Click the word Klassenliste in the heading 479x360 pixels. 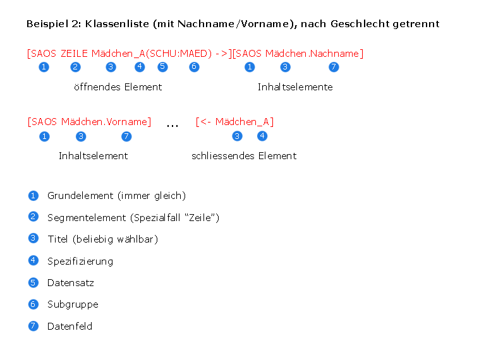pyautogui.click(x=117, y=24)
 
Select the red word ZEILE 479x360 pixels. pyautogui.click(x=74, y=54)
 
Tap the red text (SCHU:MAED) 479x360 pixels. pyautogui.click(x=178, y=54)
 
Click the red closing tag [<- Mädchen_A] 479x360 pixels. pyautogui.click(x=234, y=122)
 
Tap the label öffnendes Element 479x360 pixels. pyautogui.click(x=118, y=87)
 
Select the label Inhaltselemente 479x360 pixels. pyautogui.click(x=295, y=87)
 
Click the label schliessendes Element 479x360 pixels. pyautogui.click(x=244, y=156)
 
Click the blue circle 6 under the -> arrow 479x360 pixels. pyautogui.click(x=194, y=66)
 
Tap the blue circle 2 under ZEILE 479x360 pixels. pyautogui.click(x=75, y=67)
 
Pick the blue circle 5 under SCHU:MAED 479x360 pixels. pyautogui.click(x=162, y=66)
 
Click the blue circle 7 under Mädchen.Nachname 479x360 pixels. pyautogui.click(x=334, y=67)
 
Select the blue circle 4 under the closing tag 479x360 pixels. pyautogui.click(x=262, y=136)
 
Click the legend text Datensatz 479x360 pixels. pyautogui.click(x=71, y=283)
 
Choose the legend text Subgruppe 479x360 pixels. pyautogui.click(x=73, y=304)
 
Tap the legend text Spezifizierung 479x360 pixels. pyautogui.click(x=80, y=261)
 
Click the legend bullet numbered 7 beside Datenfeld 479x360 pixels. pyautogui.click(x=33, y=326)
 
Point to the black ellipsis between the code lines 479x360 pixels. pyautogui.click(x=173, y=126)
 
